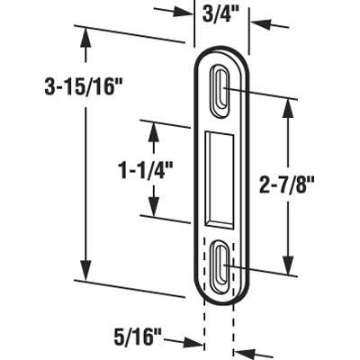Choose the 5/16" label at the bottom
tap(139, 340)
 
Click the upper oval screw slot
tap(220, 89)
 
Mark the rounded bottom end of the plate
tap(220, 292)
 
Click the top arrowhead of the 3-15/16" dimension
tap(85, 37)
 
